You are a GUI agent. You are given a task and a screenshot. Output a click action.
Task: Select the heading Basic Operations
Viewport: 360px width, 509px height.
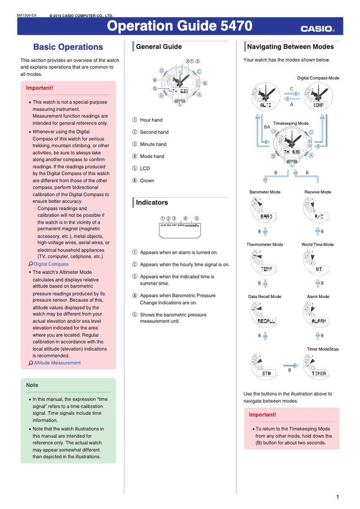[68, 47]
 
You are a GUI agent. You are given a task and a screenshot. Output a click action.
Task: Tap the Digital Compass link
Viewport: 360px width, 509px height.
[51, 264]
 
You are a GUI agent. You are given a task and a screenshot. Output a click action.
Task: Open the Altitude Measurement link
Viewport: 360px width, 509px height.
[57, 363]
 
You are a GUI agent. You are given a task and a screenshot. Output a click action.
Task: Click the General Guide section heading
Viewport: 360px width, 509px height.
[159, 47]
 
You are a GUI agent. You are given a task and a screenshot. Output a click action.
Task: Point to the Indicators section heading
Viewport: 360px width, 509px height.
[152, 202]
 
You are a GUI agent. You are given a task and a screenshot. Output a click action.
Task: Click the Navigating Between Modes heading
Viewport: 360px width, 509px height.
[290, 47]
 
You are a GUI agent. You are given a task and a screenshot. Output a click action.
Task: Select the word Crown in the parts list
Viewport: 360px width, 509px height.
[147, 180]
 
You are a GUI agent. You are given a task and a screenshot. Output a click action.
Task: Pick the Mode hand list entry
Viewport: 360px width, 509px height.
[152, 156]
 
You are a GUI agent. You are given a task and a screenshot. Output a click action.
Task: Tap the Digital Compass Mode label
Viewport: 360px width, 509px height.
[318, 78]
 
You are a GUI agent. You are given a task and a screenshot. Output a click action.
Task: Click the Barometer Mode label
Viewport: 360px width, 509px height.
[265, 192]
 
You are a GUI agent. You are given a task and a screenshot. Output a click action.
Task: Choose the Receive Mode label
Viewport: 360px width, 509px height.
[318, 192]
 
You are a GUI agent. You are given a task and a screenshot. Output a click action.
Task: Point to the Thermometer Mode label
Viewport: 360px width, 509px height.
[265, 245]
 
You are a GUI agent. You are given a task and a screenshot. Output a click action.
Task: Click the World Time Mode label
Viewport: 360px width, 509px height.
[318, 245]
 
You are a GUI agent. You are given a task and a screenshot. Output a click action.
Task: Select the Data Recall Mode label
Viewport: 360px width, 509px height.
[265, 297]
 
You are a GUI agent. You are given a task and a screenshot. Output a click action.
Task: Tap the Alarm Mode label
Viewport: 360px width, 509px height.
[318, 297]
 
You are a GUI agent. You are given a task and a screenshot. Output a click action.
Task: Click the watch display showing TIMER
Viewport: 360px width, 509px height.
[319, 373]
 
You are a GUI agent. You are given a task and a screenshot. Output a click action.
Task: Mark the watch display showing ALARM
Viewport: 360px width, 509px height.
[319, 321]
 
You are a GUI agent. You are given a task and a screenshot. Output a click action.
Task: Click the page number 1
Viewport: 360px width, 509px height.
[337, 497]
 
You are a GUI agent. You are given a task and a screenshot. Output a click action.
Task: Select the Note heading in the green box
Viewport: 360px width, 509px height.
[32, 385]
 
